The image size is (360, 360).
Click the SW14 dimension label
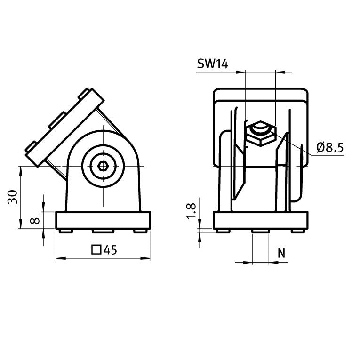coord(212,65)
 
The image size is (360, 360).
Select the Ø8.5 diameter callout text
coord(330,148)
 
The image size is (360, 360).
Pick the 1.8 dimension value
coord(191,210)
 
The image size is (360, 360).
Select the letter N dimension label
coord(281,253)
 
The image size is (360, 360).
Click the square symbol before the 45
coord(96,250)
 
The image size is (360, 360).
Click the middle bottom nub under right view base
coord(260,231)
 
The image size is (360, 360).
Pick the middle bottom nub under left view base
coord(103,231)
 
